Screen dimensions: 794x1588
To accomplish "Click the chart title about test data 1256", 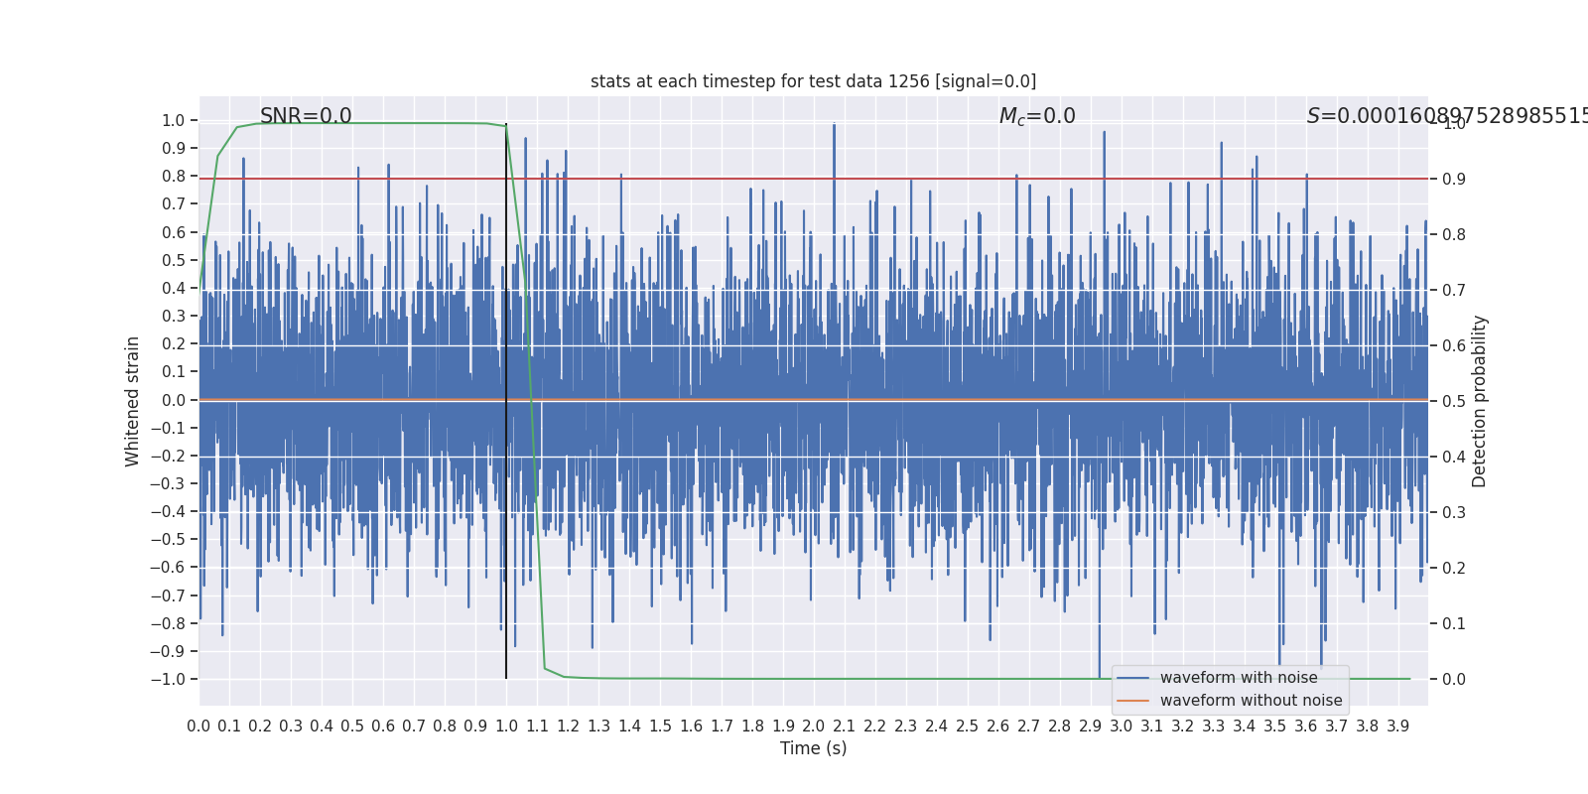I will [x=813, y=81].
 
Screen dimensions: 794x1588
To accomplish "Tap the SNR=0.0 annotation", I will [x=306, y=116].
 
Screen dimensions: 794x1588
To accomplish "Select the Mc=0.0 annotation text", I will [x=1037, y=116].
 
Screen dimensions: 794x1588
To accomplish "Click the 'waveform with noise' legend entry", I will [x=1239, y=678].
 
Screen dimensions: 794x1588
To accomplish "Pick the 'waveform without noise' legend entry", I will [x=1251, y=701].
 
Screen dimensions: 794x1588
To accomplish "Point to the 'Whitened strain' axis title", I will [x=133, y=401].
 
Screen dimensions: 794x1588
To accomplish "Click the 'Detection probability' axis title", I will [x=1480, y=401].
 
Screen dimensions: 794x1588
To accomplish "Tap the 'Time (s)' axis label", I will [x=813, y=748].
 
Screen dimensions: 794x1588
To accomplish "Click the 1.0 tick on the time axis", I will [x=506, y=727].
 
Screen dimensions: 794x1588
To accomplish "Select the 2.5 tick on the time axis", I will [x=968, y=727].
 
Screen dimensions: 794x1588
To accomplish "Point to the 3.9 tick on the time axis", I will [x=1397, y=727].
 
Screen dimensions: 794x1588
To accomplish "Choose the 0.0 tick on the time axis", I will [x=198, y=727].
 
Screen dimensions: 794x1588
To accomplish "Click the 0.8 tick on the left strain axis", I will [x=174, y=177].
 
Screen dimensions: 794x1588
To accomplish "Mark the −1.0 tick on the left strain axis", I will [x=169, y=680].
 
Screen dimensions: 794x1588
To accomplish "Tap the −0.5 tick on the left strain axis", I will [x=169, y=540].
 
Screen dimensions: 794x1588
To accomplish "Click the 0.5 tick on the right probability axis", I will [x=1454, y=401].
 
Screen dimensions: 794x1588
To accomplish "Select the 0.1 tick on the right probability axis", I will [x=1454, y=624].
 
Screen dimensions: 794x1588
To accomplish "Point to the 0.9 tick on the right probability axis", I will [x=1454, y=180].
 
